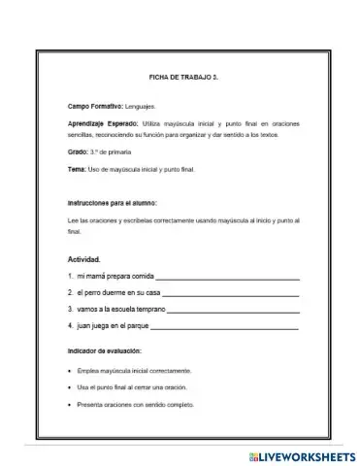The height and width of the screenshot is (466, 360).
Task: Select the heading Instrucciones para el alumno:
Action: click(x=112, y=203)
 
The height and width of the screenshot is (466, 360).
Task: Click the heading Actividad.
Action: click(x=83, y=260)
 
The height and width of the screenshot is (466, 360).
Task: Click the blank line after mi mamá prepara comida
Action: click(x=227, y=280)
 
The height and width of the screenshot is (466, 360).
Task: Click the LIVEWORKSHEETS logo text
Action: click(x=302, y=454)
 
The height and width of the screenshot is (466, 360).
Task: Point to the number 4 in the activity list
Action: click(x=71, y=325)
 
